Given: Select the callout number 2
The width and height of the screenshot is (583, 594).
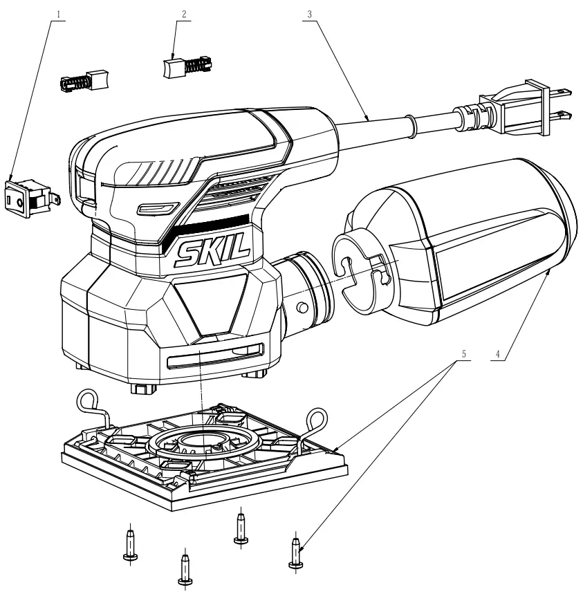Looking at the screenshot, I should click(183, 13).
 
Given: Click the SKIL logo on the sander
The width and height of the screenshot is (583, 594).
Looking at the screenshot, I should click(213, 255).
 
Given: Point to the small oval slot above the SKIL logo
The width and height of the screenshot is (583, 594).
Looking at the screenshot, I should click(155, 208).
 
